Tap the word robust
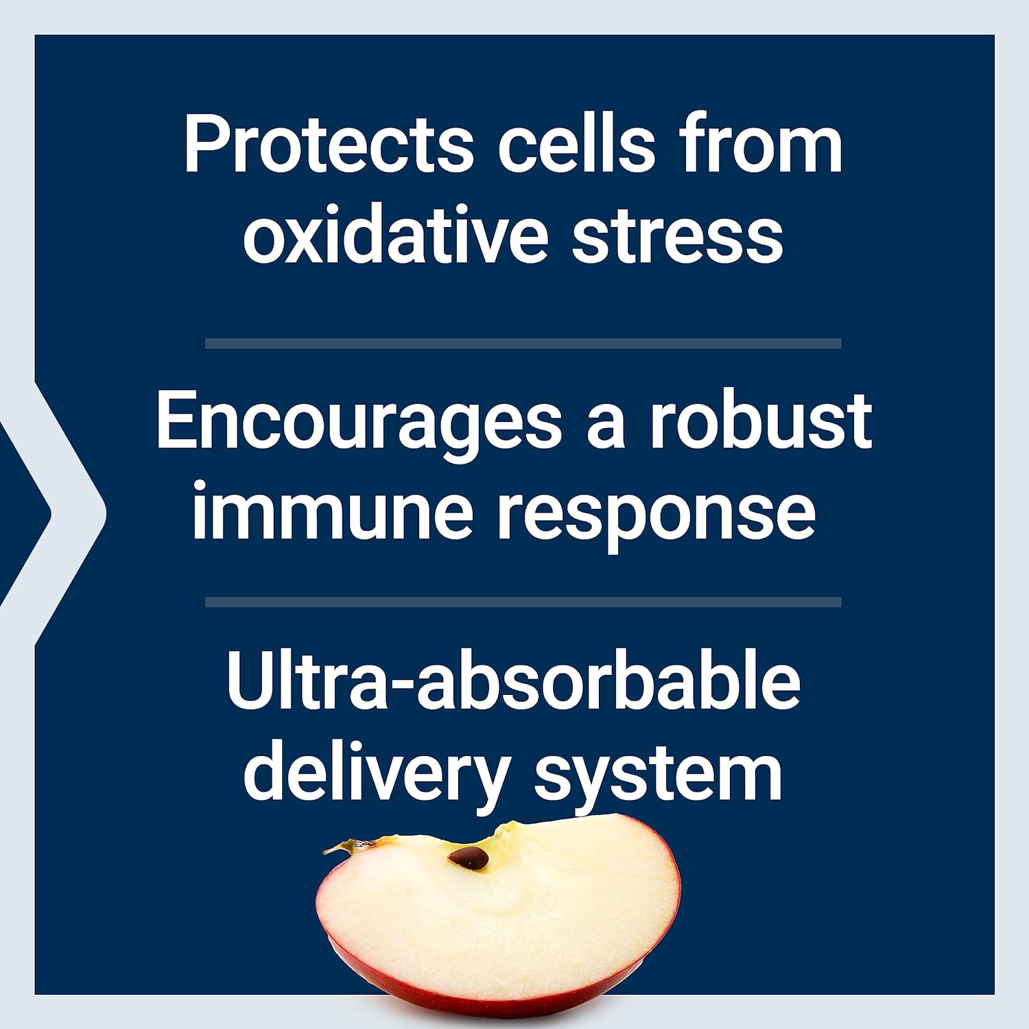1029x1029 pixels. pos(761,419)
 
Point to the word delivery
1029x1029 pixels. pos(376,775)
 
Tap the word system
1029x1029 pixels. pos(658,778)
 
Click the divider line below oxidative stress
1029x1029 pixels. pos(523,343)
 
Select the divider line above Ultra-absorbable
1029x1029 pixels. pos(523,602)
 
